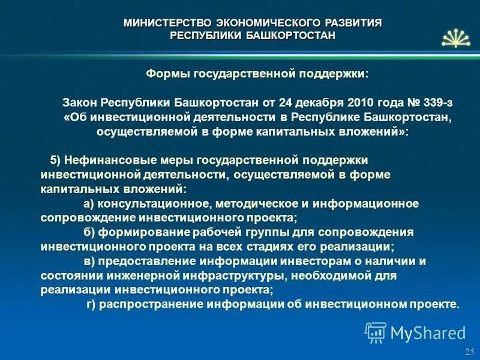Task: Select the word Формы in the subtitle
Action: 167,74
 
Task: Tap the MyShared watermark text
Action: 427,332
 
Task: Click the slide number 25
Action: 469,351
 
